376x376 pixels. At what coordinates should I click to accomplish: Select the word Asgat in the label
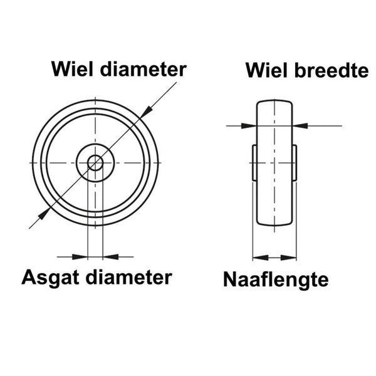pos(52,278)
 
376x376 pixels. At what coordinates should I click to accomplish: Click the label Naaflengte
pos(276,279)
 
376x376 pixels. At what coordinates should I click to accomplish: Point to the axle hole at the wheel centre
pos(95,163)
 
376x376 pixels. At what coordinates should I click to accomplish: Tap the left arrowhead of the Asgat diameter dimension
pos(80,256)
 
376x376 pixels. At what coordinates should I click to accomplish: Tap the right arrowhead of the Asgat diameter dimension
pos(110,256)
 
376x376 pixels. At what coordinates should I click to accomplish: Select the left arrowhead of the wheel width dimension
pos(248,126)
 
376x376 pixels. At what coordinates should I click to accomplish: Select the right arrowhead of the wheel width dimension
pos(300,126)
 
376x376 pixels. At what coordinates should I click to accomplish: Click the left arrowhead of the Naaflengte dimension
pos(259,257)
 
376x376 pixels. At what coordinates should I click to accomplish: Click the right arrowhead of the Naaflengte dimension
pos(290,257)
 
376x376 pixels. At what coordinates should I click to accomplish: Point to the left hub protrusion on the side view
pos(254,162)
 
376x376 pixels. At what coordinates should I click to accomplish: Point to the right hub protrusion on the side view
pos(294,162)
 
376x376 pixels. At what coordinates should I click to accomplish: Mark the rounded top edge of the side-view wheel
pos(274,101)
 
